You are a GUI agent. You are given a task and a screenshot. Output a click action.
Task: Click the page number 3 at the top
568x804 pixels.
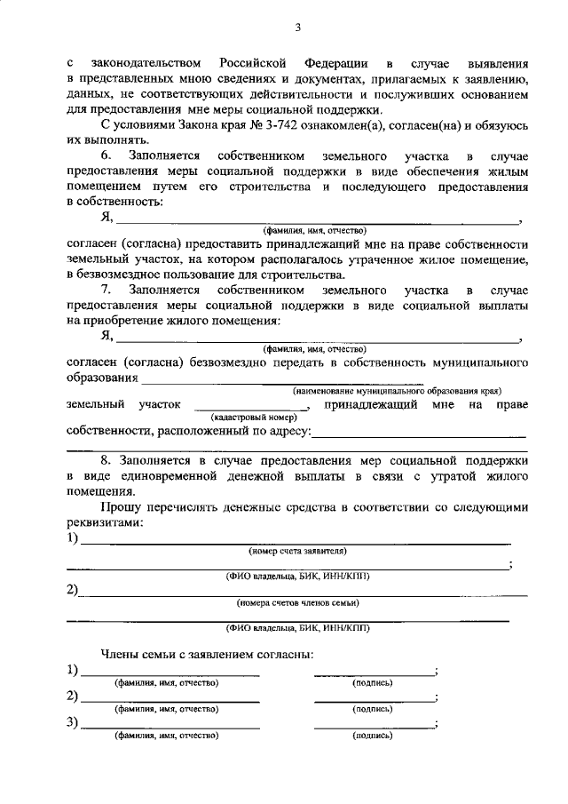point(297,28)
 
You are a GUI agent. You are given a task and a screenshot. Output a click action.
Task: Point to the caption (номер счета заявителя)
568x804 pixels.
point(296,551)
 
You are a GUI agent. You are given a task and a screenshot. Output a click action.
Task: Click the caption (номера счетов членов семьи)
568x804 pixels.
point(297,602)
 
